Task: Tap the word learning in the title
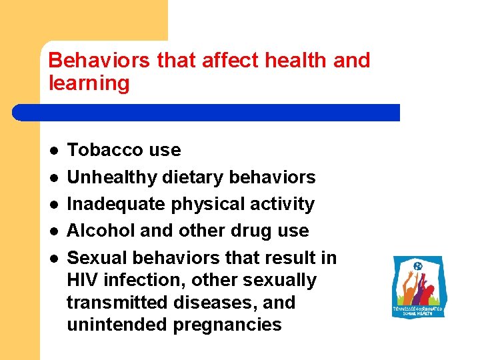point(89,83)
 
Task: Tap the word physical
point(208,204)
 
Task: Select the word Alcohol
point(98,231)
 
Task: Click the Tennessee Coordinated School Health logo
point(418,286)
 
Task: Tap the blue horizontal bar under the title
point(207,112)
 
